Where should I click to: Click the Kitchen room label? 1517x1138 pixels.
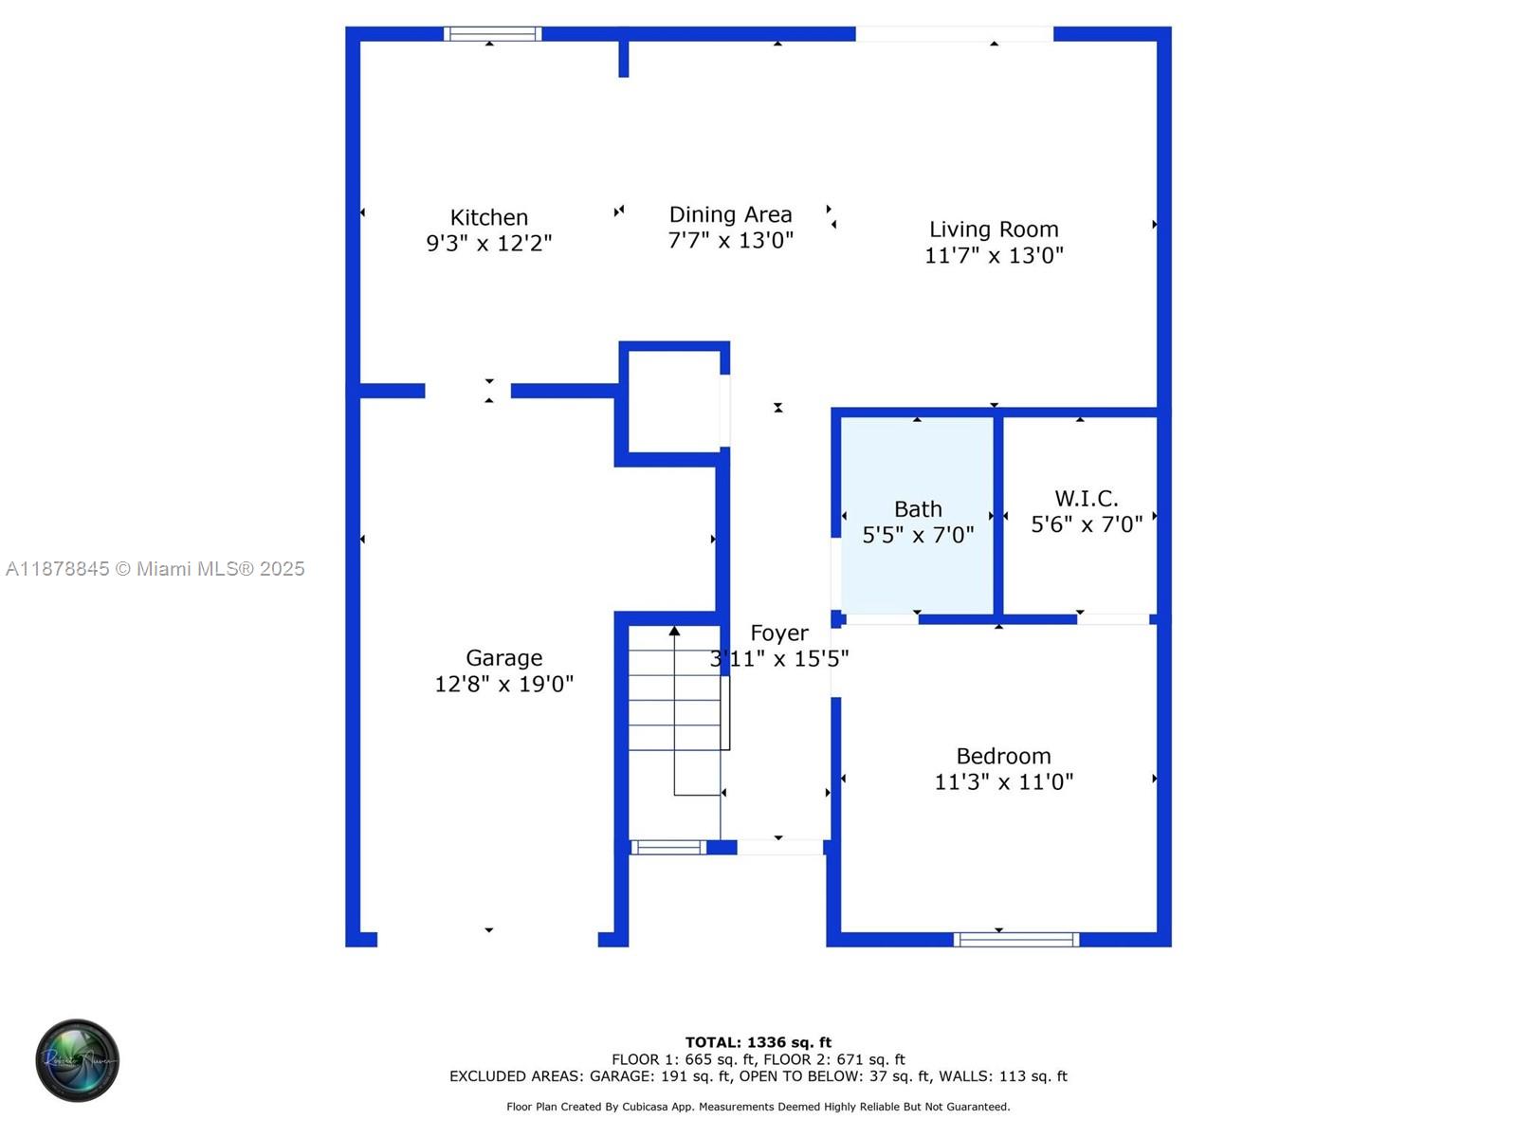click(488, 218)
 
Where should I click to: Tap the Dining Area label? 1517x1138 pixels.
click(730, 215)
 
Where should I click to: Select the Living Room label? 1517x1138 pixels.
click(993, 229)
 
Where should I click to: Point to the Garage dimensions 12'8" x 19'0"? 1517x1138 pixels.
click(503, 684)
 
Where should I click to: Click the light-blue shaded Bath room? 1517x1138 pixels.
click(917, 515)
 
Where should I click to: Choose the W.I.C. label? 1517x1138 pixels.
click(1086, 498)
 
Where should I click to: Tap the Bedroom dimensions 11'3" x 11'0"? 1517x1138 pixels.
click(1003, 782)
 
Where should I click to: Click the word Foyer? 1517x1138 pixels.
click(779, 633)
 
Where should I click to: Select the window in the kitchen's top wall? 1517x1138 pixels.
click(492, 34)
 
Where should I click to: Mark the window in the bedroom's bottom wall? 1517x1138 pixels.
click(1016, 940)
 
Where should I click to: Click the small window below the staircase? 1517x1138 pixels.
click(668, 848)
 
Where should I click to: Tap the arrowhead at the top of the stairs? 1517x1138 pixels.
click(674, 631)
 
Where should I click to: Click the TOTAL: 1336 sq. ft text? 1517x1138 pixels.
click(758, 1042)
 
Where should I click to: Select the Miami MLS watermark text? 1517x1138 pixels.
click(155, 569)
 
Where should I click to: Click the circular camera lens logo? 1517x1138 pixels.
click(78, 1060)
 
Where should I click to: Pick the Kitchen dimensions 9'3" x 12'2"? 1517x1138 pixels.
click(488, 244)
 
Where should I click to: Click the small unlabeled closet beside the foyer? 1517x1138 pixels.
click(674, 402)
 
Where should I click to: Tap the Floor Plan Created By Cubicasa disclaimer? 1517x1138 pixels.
click(758, 1107)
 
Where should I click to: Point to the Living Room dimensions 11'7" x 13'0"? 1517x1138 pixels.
click(993, 256)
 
